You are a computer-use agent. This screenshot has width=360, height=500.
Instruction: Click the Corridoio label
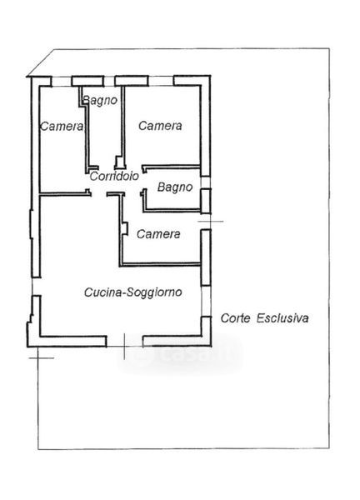click(x=114, y=176)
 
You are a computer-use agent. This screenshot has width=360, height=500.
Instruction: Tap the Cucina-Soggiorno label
click(x=133, y=292)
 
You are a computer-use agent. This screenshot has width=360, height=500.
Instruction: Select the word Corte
click(x=235, y=318)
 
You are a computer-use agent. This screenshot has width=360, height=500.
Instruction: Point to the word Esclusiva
click(x=282, y=318)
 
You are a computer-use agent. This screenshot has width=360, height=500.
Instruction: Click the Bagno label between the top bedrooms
click(x=100, y=101)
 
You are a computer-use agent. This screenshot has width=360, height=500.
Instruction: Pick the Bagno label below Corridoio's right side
click(x=175, y=187)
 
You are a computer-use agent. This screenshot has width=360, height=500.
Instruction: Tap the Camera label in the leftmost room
click(x=62, y=127)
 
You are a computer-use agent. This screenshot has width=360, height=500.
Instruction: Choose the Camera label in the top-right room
click(x=160, y=126)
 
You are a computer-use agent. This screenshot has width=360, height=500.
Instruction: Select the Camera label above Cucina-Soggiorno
click(x=158, y=234)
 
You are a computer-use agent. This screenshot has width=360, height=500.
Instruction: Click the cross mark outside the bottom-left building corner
click(x=38, y=357)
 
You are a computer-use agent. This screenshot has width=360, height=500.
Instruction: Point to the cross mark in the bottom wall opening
click(x=124, y=347)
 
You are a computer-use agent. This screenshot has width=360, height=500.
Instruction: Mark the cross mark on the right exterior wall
click(x=211, y=221)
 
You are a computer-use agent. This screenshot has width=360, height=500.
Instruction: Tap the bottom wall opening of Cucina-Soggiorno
click(x=124, y=341)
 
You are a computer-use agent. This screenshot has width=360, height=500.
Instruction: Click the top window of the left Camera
click(x=62, y=81)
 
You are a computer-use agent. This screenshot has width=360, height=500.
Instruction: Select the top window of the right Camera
click(x=161, y=81)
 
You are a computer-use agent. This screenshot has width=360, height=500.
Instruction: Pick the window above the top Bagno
click(x=109, y=81)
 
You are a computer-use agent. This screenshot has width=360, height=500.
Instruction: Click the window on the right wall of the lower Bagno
click(x=206, y=182)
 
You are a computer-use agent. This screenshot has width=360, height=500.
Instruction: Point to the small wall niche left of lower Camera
click(x=125, y=228)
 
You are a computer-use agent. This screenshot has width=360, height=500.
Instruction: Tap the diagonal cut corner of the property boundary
click(x=41, y=62)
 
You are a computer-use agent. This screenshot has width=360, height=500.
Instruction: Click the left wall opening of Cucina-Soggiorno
click(x=36, y=287)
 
